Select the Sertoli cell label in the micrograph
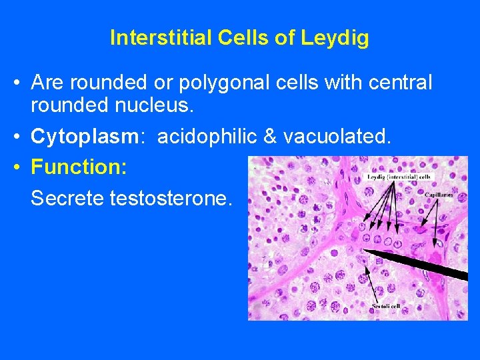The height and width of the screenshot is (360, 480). point(386,305)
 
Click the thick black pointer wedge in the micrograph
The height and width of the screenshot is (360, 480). point(427,265)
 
